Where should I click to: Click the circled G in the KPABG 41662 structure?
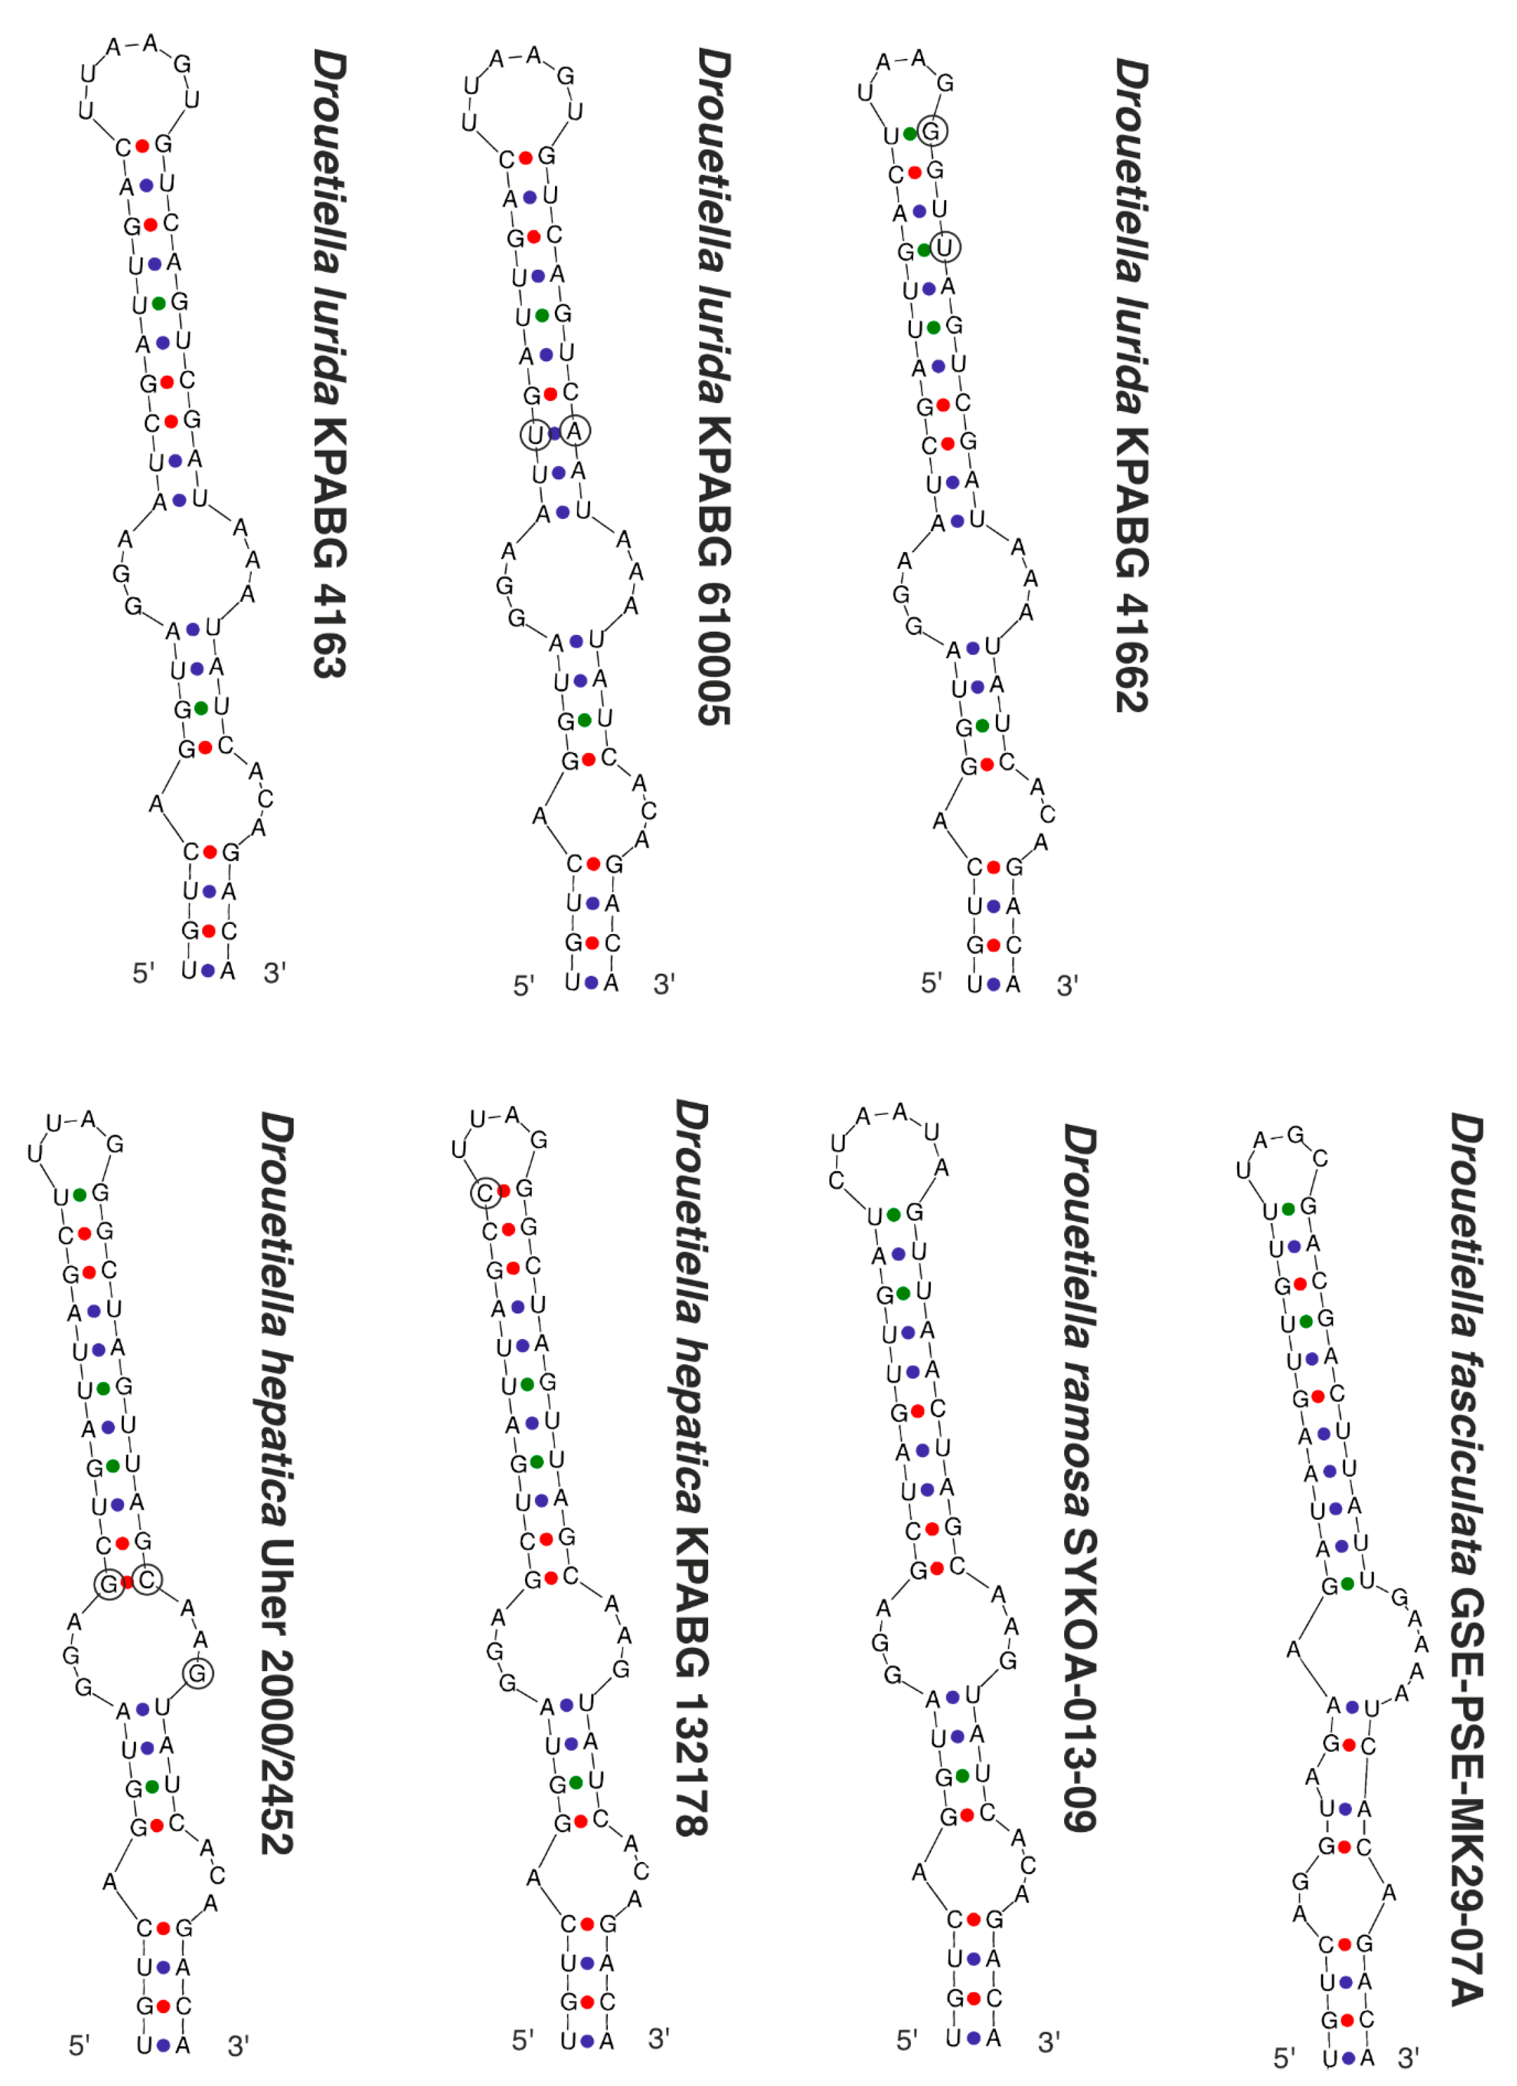tap(931, 131)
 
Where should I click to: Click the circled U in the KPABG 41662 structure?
tap(945, 247)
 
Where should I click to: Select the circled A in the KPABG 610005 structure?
tap(575, 430)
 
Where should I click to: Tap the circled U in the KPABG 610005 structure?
tap(534, 435)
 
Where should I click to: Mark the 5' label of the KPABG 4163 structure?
tap(143, 973)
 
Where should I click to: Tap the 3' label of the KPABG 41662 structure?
tap(1067, 986)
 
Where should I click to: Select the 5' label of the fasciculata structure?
tap(1284, 2057)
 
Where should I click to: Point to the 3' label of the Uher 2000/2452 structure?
tap(238, 2046)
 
